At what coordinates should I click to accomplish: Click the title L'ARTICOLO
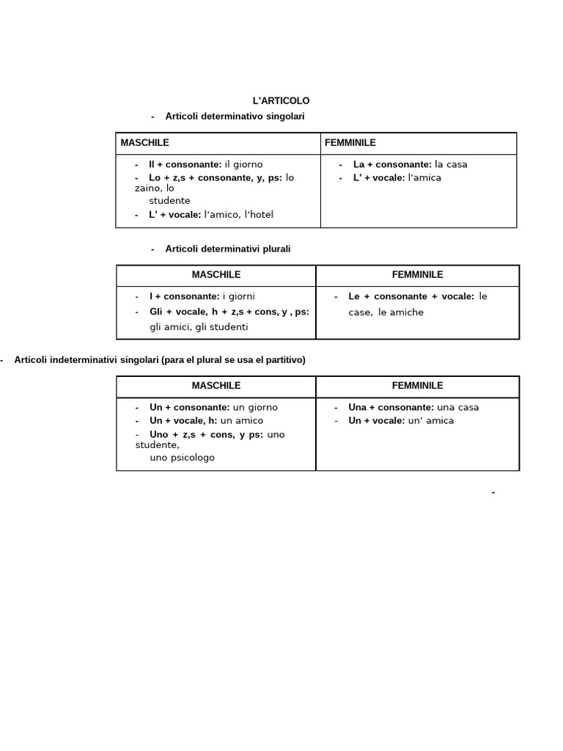[281, 100]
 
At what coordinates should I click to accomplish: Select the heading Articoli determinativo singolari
[235, 117]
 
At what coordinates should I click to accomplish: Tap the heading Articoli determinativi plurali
[228, 249]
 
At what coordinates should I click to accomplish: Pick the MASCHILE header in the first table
[144, 142]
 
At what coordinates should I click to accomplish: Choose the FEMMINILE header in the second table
[417, 275]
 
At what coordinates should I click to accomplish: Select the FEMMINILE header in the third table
[417, 386]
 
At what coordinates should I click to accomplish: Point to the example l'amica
[424, 177]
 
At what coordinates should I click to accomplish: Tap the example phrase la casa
[451, 164]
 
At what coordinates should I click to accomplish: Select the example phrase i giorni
[238, 297]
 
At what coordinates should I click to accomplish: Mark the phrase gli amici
[171, 327]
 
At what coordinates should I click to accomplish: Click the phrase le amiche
[401, 312]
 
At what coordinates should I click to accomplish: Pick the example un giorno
[255, 408]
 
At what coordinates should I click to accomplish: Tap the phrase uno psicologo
[182, 458]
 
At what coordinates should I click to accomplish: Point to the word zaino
[147, 188]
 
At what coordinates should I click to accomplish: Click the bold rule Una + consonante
[391, 408]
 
